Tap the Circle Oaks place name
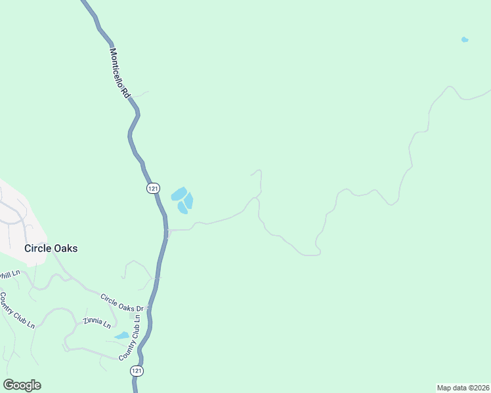point(51,248)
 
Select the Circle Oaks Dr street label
point(125,303)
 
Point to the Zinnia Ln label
point(97,323)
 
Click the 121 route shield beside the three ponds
point(152,188)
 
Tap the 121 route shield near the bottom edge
point(136,371)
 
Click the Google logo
point(22,385)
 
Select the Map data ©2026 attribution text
point(463,387)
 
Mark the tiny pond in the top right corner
point(465,40)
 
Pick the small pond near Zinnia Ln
point(122,335)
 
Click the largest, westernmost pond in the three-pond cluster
point(179,194)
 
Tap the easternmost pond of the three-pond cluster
point(189,200)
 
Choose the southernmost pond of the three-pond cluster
point(182,208)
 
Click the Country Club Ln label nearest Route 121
point(130,336)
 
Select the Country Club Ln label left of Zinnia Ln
point(16,310)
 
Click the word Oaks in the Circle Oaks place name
point(65,248)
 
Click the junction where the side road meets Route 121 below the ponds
point(168,231)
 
